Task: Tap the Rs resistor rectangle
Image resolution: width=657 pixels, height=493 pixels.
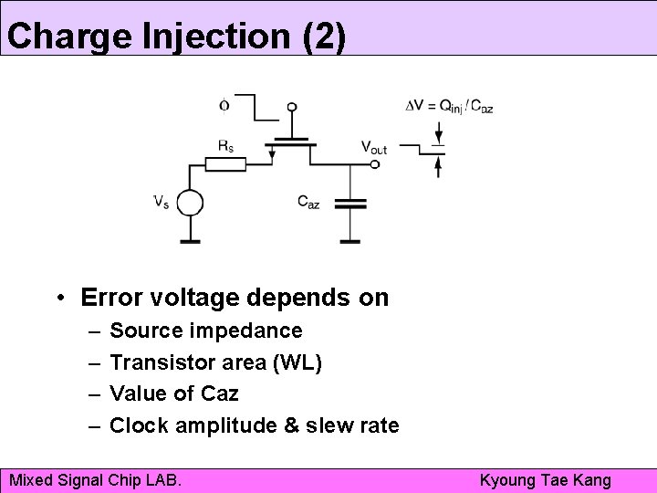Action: (x=224, y=164)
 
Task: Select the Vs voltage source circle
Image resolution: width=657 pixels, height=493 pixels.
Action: (x=189, y=203)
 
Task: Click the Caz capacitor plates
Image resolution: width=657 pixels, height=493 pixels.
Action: (x=350, y=203)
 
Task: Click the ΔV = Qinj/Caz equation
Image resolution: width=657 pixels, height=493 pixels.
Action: (x=449, y=106)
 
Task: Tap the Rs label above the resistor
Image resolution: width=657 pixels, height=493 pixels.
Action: (x=224, y=145)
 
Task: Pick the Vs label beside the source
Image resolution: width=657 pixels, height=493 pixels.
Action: (x=160, y=202)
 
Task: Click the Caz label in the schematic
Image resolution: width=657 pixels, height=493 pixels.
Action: (x=308, y=202)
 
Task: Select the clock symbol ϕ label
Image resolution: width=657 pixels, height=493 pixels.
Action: (x=224, y=105)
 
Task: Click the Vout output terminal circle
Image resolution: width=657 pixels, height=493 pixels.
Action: (x=375, y=165)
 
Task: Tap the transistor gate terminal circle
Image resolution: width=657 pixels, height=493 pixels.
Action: (x=292, y=108)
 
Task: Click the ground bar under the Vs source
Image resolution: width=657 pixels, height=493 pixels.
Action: (x=189, y=242)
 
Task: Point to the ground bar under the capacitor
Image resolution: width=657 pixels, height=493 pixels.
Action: (x=350, y=242)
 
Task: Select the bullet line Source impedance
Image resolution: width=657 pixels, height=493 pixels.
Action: (x=205, y=330)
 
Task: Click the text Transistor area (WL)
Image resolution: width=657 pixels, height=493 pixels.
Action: (x=215, y=362)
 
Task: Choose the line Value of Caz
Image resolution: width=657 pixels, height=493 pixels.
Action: (x=173, y=393)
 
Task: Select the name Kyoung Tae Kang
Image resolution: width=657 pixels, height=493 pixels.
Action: (x=546, y=479)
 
